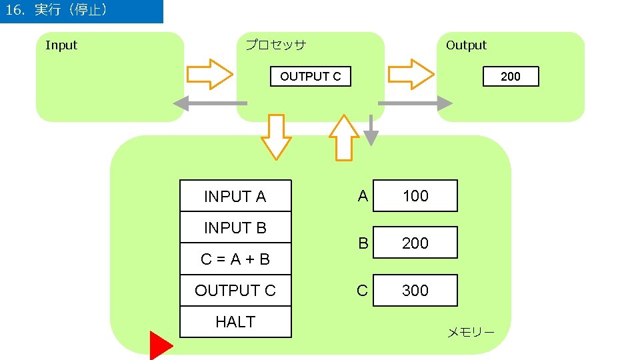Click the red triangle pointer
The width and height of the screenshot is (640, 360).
159,345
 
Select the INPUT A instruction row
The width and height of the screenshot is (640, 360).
235,197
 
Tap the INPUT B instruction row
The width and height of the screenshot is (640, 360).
235,228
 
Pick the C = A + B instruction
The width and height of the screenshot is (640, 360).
235,259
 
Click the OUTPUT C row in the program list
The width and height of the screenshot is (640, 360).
235,291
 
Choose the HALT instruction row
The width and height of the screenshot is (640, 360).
235,322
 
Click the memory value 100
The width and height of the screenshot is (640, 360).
415,196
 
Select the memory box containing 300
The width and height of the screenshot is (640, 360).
415,291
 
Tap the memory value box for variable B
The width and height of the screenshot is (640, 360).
415,243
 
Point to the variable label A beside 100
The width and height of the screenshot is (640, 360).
363,196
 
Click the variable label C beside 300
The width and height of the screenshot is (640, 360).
362,291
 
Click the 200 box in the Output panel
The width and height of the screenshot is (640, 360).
510,77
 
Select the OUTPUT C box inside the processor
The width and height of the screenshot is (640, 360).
310,77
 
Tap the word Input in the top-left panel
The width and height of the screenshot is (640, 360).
61,45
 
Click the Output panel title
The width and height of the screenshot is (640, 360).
466,45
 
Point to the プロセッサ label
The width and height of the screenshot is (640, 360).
275,45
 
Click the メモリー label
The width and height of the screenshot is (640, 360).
470,332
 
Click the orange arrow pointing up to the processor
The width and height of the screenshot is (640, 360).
344,138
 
